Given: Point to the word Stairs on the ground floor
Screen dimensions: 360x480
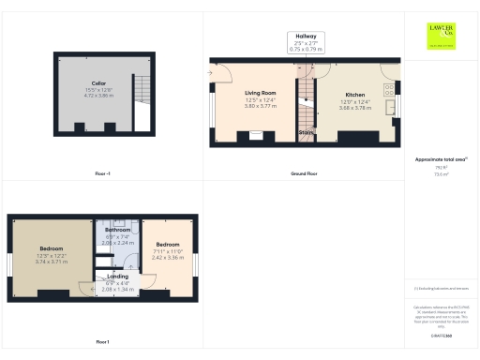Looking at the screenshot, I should pos(307,132).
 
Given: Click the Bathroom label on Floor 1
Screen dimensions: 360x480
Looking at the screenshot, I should pos(117,230).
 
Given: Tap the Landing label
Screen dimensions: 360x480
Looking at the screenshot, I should pos(118,277).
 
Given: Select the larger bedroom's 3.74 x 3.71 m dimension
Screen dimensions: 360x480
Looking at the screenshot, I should pos(52,262).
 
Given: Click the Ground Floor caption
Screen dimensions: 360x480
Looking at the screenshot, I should pos(304,173).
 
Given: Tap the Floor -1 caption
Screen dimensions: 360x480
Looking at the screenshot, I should pos(103,173).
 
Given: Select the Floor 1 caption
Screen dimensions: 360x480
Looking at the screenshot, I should pos(102,341).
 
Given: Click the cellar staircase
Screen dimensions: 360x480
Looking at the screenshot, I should pos(142,90).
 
